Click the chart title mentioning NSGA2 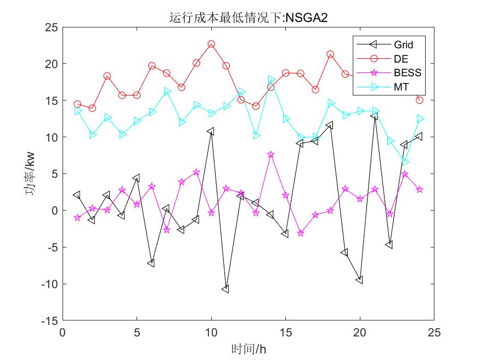point(249,18)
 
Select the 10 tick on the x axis point(211,333)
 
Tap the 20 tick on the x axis point(360,333)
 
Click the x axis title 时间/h point(249,348)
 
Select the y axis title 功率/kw point(31,173)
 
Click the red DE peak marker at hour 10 point(211,44)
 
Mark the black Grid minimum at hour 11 point(225,289)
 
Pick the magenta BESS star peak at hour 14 point(271,155)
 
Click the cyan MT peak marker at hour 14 point(271,80)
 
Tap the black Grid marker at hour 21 point(375,116)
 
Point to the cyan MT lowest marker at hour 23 point(405,162)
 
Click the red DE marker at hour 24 point(420,100)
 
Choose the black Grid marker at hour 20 point(360,280)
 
